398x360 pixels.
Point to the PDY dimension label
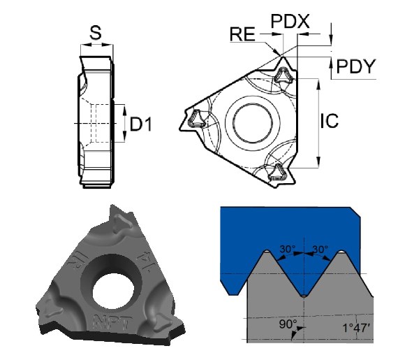coord(356,66)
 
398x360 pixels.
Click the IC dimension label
coord(330,120)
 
